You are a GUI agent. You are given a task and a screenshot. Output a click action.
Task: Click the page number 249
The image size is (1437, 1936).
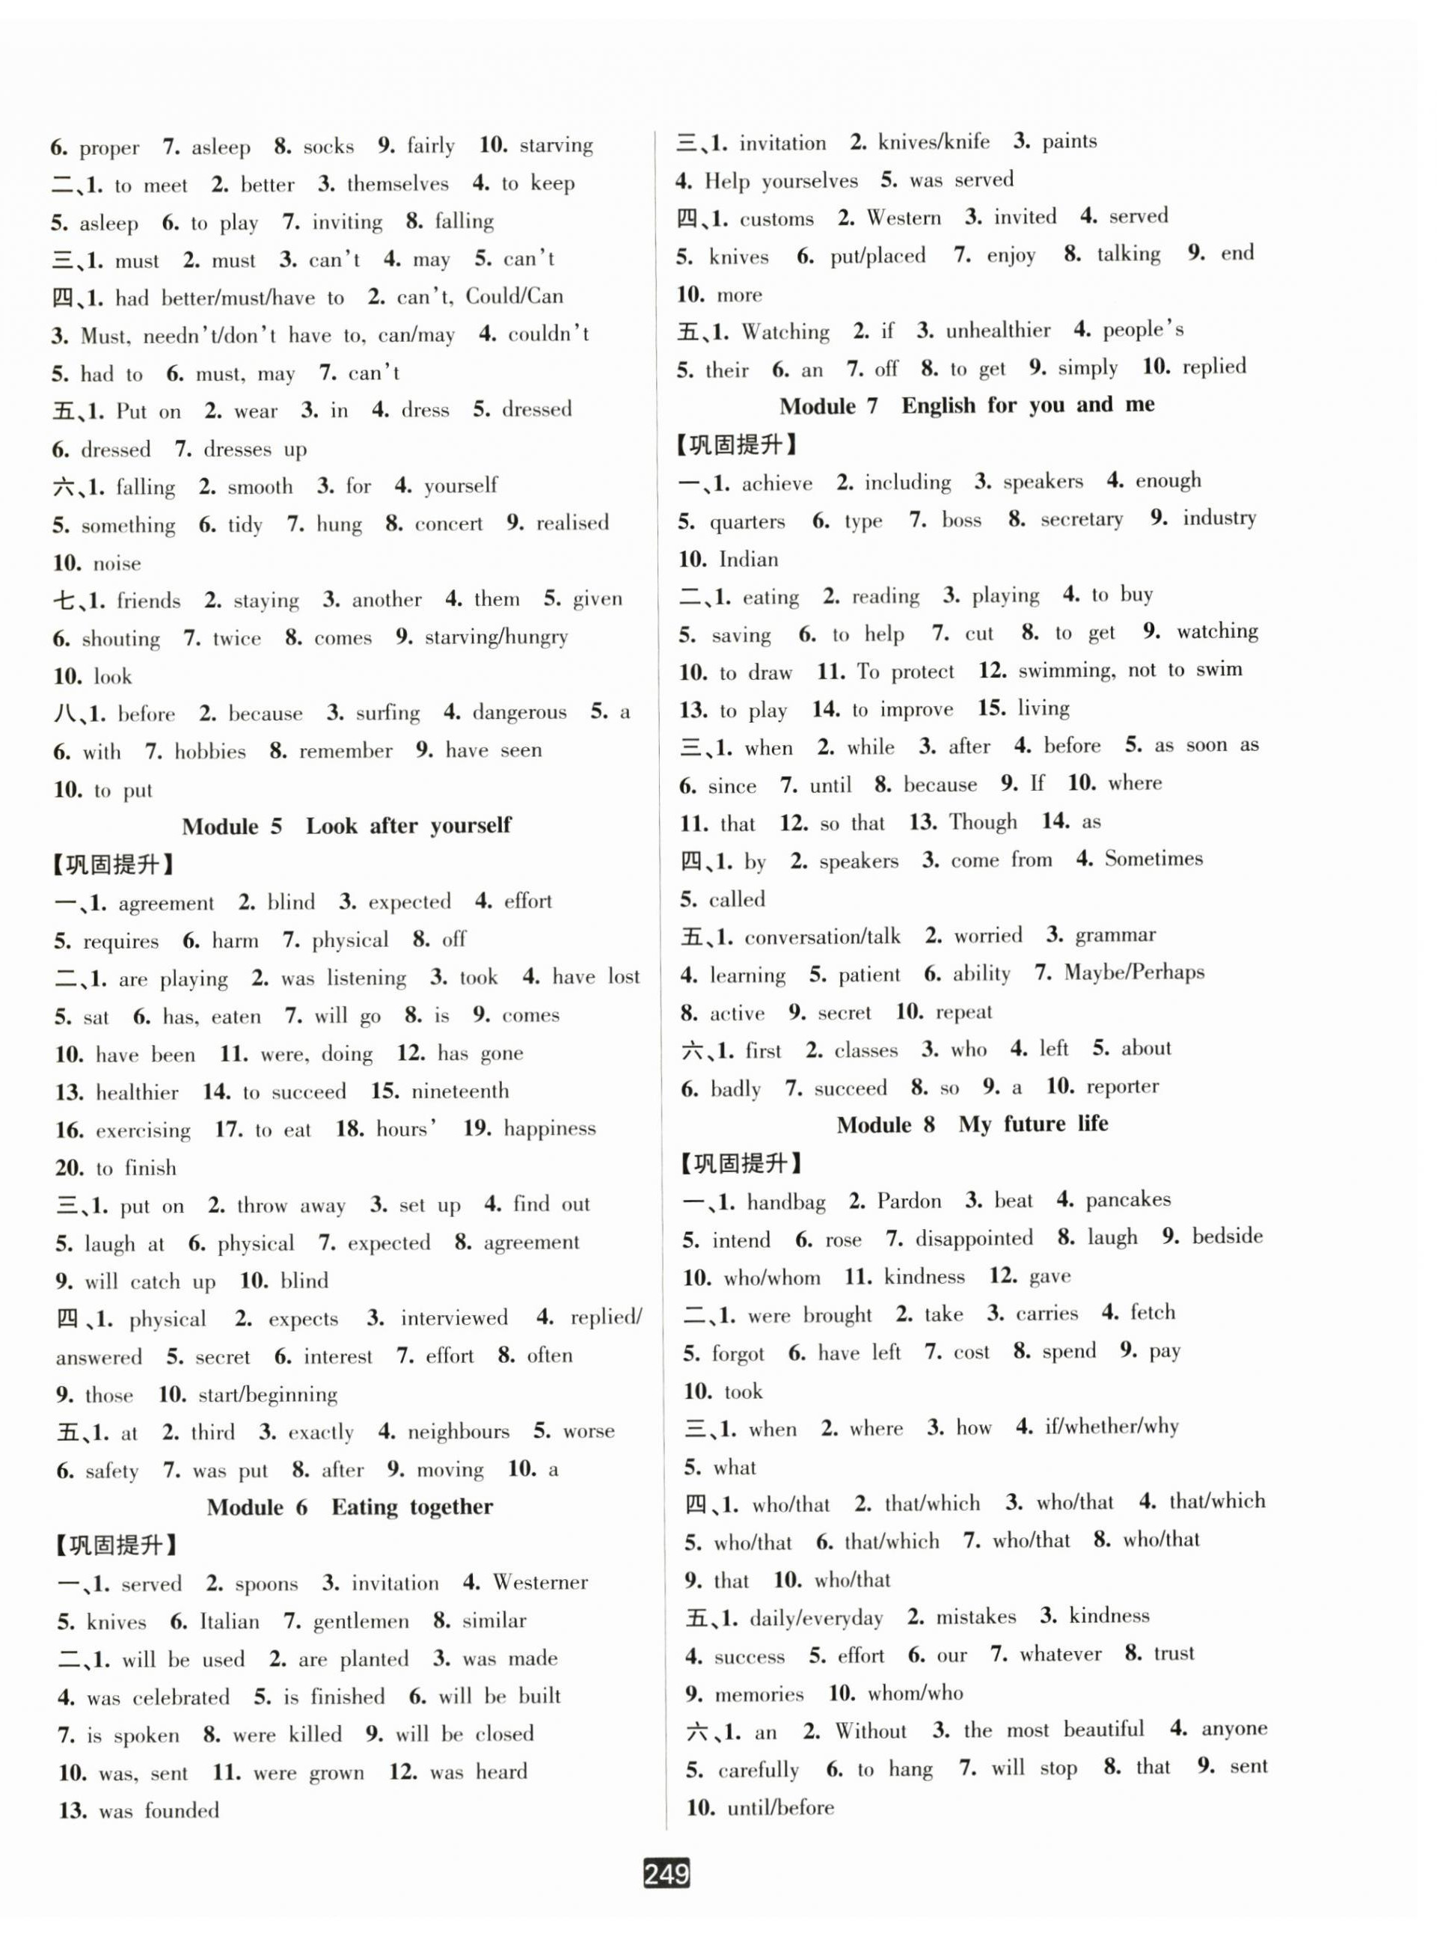pos(667,1872)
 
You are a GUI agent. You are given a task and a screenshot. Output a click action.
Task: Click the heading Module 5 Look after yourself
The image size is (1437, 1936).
pos(346,825)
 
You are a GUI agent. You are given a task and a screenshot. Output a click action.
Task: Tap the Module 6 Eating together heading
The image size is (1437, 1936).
pos(349,1507)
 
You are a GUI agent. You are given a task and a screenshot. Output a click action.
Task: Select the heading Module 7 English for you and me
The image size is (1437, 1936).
pos(966,405)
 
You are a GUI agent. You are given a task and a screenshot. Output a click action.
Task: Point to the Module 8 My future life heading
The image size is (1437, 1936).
pos(972,1124)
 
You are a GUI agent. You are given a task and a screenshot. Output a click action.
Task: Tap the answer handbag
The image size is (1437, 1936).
pos(785,1202)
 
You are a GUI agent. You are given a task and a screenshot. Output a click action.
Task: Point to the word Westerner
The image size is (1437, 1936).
pos(540,1582)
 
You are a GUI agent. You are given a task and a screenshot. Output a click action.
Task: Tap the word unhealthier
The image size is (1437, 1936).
pos(998,331)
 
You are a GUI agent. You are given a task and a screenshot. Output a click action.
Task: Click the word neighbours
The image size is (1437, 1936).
pos(459,1432)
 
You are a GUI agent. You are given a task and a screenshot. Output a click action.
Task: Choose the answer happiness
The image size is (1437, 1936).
pos(550,1128)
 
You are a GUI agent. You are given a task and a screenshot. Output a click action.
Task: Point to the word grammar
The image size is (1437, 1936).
pos(1115,935)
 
